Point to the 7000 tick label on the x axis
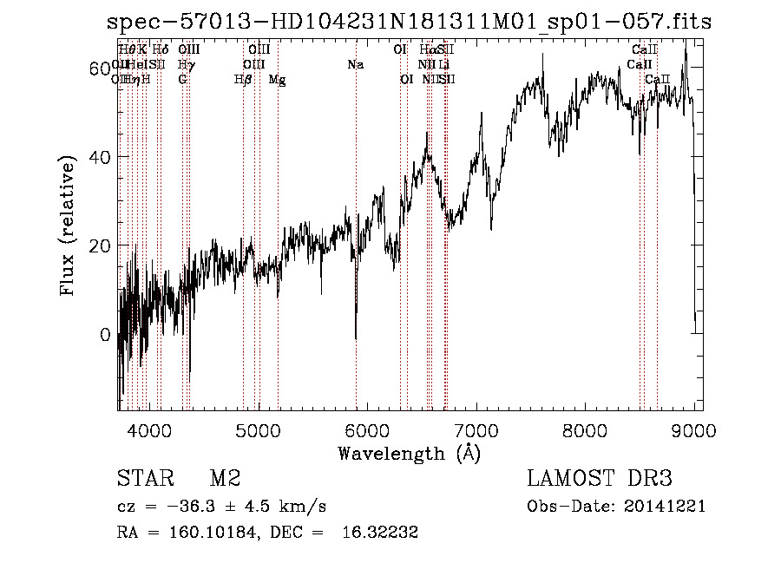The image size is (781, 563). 476,429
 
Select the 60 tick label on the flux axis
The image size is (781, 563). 101,68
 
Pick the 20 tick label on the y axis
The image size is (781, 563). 101,245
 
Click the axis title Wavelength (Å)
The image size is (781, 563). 409,452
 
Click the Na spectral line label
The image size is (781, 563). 355,65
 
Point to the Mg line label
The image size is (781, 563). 278,80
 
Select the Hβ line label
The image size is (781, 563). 243,80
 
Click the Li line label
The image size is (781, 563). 443,65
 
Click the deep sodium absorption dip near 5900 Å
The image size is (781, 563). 356,334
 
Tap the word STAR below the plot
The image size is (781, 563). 142,479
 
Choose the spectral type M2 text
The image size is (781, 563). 225,479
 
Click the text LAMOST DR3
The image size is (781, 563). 599,479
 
